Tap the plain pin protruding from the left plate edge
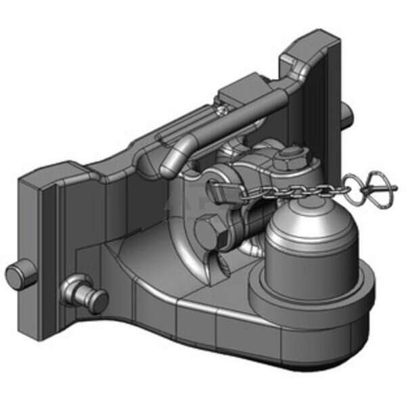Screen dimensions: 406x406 (20, 274)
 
